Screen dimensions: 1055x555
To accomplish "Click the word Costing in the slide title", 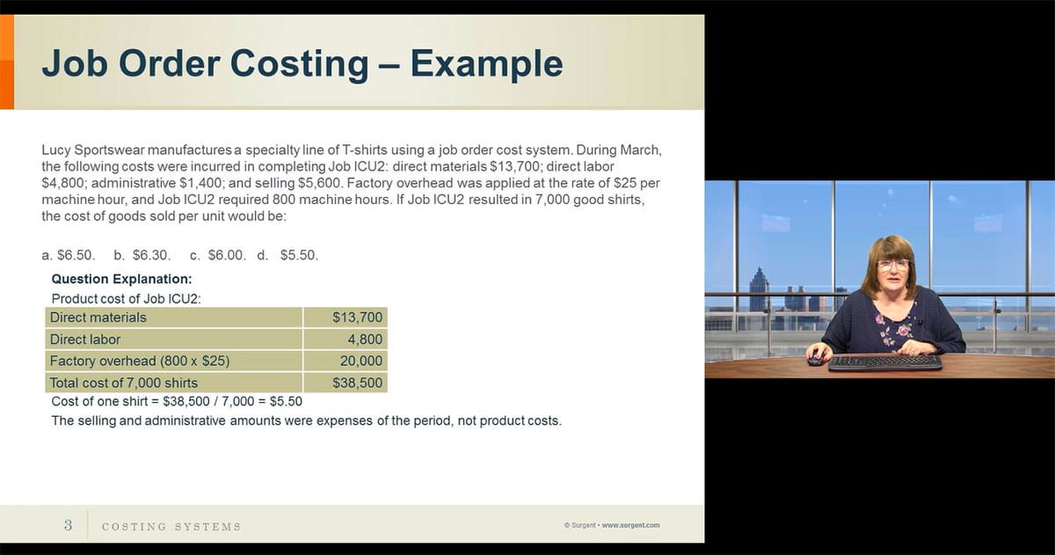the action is (x=300, y=63).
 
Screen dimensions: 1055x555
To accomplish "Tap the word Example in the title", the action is (x=486, y=63).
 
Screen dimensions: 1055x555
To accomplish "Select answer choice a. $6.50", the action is (x=69, y=255).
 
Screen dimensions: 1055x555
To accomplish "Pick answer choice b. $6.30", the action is (x=142, y=255).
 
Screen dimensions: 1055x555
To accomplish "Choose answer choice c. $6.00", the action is (x=218, y=255).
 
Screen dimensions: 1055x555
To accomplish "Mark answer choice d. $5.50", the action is (x=287, y=255).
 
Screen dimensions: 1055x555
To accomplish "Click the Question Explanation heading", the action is (x=121, y=279).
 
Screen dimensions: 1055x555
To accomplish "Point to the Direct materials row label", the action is (x=98, y=318).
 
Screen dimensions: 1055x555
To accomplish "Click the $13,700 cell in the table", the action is (x=358, y=318).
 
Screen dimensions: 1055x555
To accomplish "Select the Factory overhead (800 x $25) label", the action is (x=140, y=361).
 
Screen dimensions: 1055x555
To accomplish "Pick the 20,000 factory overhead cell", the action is (x=361, y=361).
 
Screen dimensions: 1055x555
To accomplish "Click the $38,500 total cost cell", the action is (x=358, y=383).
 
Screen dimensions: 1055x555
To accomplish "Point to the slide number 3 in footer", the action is (x=69, y=525).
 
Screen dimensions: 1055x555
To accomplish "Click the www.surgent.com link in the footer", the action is (x=630, y=525).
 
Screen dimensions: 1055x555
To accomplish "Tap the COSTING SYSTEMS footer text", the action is (x=171, y=527).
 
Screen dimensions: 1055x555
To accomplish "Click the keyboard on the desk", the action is (x=885, y=362).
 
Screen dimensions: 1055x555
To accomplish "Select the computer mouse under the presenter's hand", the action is (x=816, y=360).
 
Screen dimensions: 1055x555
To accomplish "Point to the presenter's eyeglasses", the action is (x=893, y=265).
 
